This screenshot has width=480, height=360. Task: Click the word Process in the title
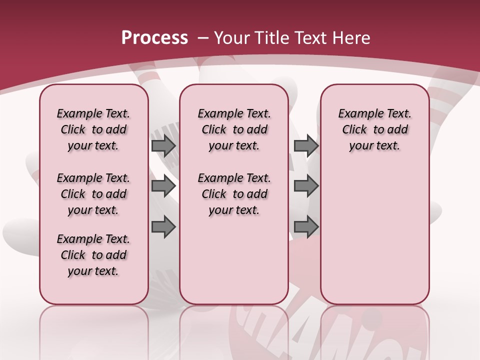click(x=154, y=38)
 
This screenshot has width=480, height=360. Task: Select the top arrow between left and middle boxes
click(x=163, y=145)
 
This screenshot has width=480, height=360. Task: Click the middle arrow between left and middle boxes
click(x=163, y=186)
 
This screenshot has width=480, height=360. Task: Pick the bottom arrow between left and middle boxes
click(x=163, y=227)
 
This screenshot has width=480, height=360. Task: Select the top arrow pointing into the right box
click(x=306, y=145)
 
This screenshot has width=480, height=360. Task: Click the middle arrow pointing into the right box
click(x=306, y=186)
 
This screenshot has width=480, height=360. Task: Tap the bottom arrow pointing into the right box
click(x=306, y=227)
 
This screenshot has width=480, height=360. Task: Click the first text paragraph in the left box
click(x=93, y=129)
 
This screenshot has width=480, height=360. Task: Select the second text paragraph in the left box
click(x=93, y=194)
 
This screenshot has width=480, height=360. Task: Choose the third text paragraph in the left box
click(x=93, y=255)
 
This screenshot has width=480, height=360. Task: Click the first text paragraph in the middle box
click(x=234, y=129)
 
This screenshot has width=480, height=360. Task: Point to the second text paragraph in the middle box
click(x=234, y=194)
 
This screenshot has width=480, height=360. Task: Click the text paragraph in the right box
click(x=374, y=129)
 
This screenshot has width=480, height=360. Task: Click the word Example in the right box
click(x=357, y=114)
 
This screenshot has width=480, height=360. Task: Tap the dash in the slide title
click(x=203, y=38)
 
